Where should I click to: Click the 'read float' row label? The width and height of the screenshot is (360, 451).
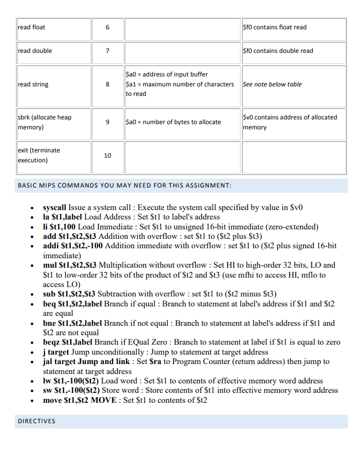(31, 27)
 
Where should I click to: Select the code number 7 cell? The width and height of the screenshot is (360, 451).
(107, 51)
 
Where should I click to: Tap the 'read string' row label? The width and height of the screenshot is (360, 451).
(33, 84)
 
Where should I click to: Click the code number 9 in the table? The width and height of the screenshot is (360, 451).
(107, 122)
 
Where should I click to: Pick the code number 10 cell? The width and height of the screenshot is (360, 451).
(107, 156)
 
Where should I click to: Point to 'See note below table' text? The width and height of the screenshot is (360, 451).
(272, 84)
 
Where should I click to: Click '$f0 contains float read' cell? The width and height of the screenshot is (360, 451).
(275, 27)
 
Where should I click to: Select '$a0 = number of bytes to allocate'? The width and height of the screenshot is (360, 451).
(173, 122)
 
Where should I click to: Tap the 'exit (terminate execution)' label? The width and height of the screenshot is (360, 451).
(39, 155)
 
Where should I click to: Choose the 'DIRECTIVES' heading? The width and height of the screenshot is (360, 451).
(37, 421)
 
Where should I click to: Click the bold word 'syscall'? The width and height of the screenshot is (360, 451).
(54, 207)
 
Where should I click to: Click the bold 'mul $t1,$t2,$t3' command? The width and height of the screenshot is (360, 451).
(70, 265)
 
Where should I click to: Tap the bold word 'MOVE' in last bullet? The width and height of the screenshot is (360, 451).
(104, 400)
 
